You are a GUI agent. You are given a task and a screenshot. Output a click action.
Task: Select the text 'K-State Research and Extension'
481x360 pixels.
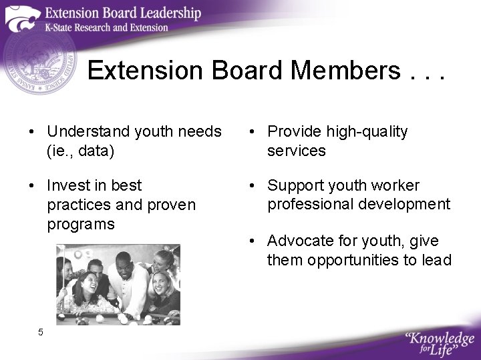[107, 27]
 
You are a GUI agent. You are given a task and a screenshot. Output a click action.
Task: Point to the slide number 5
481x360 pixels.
[41, 332]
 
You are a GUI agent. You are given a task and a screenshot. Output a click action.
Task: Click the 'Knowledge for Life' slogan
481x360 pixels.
[439, 343]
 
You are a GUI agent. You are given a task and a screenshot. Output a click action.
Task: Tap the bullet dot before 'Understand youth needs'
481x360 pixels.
[32, 132]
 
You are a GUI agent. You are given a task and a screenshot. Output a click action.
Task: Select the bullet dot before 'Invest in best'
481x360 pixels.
[32, 185]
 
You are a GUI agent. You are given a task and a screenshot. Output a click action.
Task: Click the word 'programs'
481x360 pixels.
[81, 224]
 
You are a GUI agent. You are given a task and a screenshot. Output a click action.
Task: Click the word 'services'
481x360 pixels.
[297, 151]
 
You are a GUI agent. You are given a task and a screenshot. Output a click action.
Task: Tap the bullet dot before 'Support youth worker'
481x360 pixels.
[253, 185]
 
